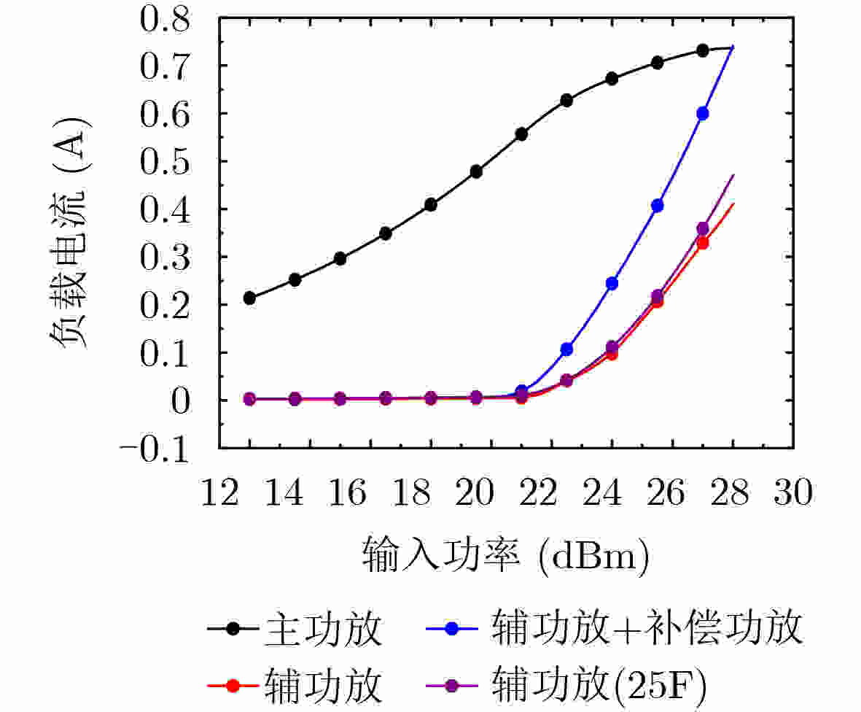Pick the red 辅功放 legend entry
[295, 685]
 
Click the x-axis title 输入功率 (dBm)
[504, 558]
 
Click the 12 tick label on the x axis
[219, 494]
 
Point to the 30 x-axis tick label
[793, 494]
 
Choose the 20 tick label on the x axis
[475, 494]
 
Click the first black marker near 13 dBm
[249, 298]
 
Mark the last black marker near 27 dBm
[703, 50]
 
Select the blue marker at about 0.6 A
[703, 114]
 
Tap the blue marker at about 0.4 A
[658, 206]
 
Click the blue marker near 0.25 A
[612, 283]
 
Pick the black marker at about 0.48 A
[476, 171]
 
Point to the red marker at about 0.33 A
[703, 243]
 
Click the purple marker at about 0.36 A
[703, 229]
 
